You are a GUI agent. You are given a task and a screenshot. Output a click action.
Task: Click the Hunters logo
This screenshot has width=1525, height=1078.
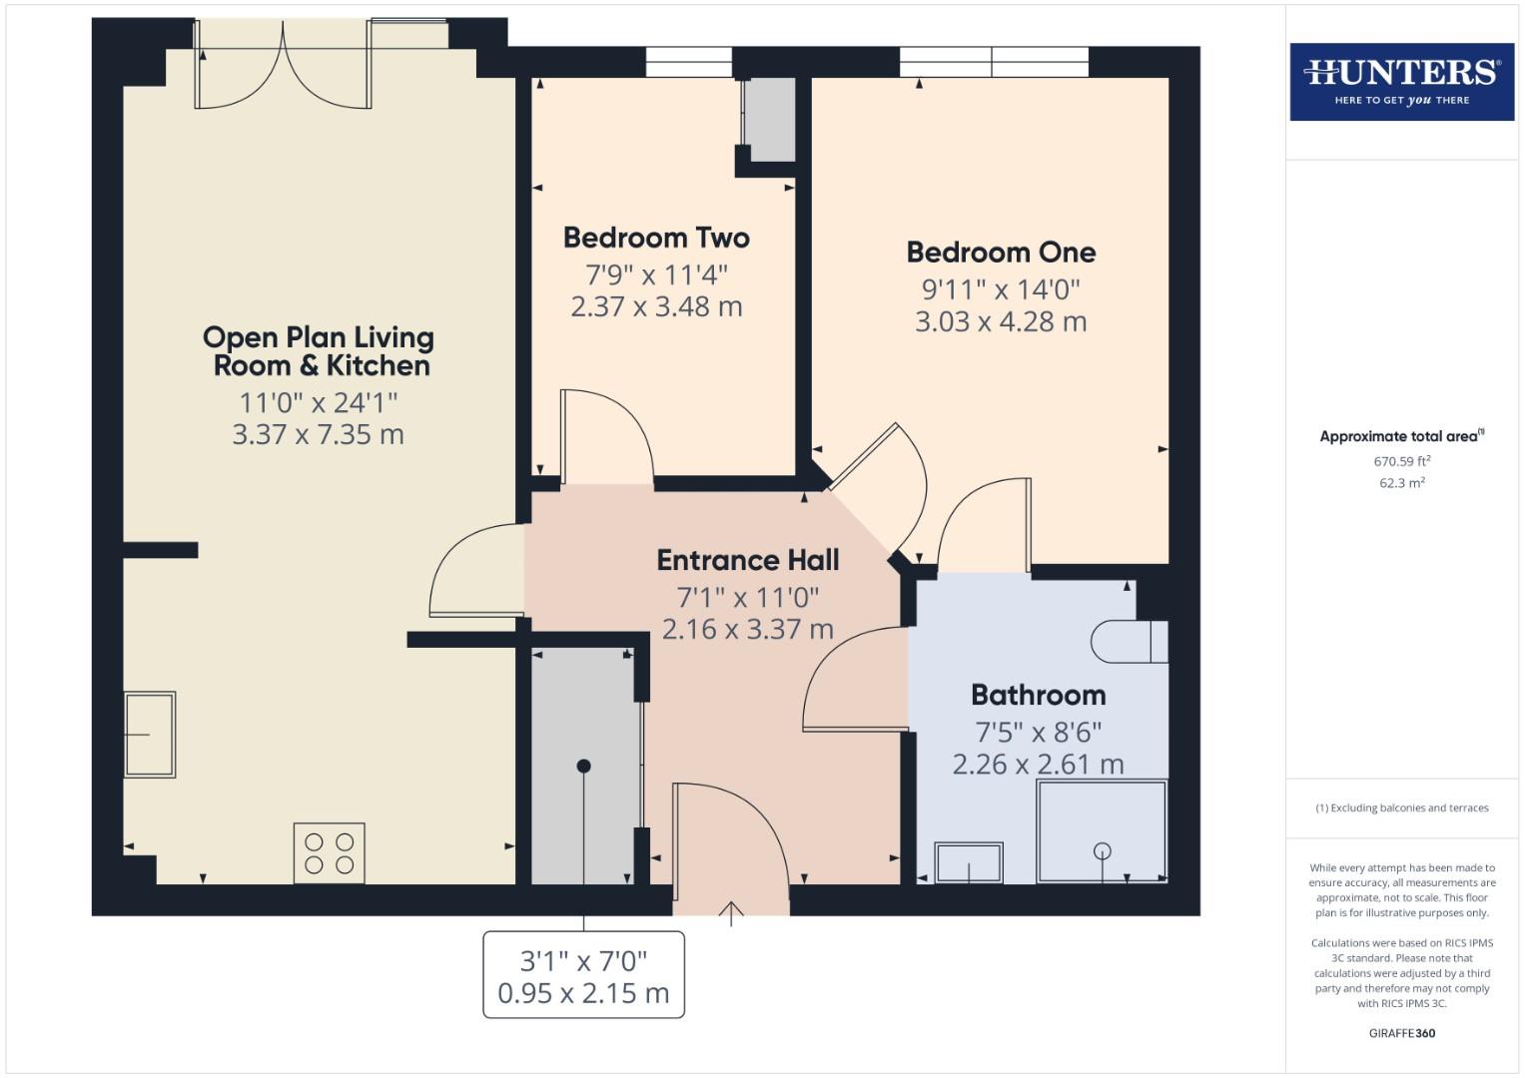pyautogui.click(x=1401, y=82)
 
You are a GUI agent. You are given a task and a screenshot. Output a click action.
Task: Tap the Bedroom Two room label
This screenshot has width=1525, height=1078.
pyautogui.click(x=656, y=238)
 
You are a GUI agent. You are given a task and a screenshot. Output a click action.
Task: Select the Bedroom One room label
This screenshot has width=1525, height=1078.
pyautogui.click(x=1001, y=253)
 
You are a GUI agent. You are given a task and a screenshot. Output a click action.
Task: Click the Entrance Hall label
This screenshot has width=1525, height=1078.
pyautogui.click(x=747, y=560)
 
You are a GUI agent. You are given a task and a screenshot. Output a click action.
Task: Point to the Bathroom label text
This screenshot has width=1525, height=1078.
pyautogui.click(x=1038, y=695)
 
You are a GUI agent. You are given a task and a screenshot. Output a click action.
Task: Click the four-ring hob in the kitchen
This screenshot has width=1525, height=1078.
pyautogui.click(x=329, y=852)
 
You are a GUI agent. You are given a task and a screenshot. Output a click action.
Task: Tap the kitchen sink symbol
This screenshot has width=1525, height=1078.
pyautogui.click(x=150, y=735)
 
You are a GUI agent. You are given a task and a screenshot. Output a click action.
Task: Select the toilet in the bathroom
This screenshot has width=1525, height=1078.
pyautogui.click(x=1129, y=642)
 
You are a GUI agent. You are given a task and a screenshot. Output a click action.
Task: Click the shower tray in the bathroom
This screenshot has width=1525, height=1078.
pyautogui.click(x=1102, y=831)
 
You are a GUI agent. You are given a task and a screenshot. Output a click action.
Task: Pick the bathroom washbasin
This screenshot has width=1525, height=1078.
pyautogui.click(x=968, y=862)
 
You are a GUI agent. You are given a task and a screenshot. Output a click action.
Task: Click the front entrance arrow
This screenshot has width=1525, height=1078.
pyautogui.click(x=731, y=912)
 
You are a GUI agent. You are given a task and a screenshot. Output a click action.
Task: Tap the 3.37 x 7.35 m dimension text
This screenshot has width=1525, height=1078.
pyautogui.click(x=318, y=435)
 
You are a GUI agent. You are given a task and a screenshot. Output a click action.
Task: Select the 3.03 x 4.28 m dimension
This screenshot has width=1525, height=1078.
pyautogui.click(x=1001, y=322)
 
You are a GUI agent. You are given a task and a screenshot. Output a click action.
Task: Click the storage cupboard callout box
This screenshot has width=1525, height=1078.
pyautogui.click(x=583, y=975)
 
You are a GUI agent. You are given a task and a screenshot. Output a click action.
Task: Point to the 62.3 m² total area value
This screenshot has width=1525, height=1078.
pyautogui.click(x=1401, y=483)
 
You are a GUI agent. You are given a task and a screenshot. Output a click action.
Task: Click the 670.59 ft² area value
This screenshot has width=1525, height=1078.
pyautogui.click(x=1401, y=461)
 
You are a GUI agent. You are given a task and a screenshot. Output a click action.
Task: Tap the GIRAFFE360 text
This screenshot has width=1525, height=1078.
pyautogui.click(x=1401, y=1033)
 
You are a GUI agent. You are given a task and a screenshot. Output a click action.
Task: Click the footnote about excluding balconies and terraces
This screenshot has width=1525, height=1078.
pyautogui.click(x=1401, y=808)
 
